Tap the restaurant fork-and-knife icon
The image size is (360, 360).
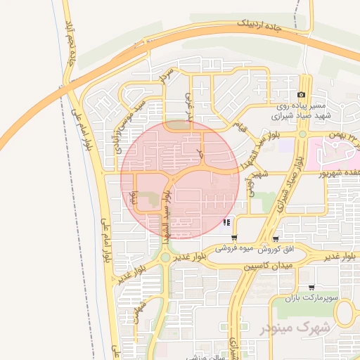(x=226, y=224)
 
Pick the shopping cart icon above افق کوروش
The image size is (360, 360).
(x=275, y=238)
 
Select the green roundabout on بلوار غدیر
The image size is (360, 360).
(x=165, y=258)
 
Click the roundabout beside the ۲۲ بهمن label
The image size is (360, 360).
(x=302, y=134)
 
